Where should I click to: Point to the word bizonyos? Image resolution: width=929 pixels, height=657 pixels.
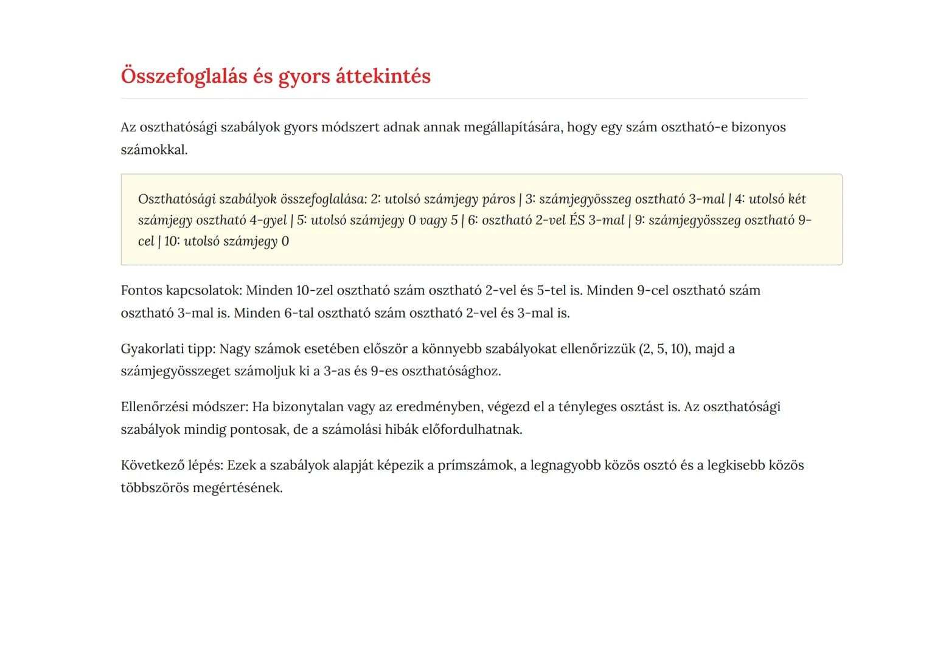point(758,127)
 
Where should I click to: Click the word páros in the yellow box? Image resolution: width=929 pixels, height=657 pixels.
point(498,199)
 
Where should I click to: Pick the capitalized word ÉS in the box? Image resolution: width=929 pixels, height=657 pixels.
point(577,220)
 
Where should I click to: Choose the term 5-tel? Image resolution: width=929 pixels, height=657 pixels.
point(551,290)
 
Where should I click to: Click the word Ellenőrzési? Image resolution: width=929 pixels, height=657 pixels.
point(156,407)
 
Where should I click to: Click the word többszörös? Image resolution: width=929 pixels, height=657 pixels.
point(154,488)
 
